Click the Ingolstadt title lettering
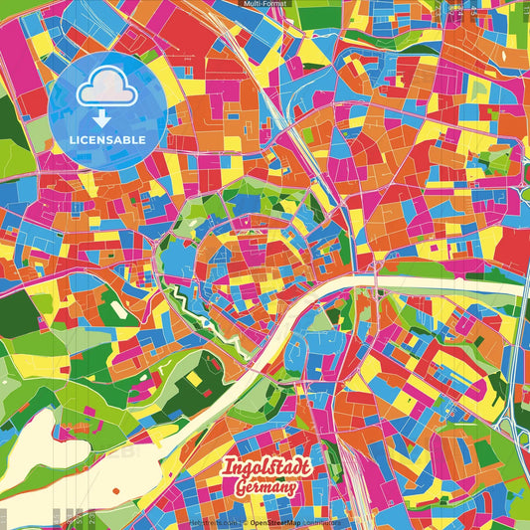pyautogui.click(x=265, y=468)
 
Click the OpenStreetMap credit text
pyautogui.click(x=279, y=522)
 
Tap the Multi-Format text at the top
pyautogui.click(x=265, y=4)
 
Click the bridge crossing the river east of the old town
pyautogui.click(x=378, y=286)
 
